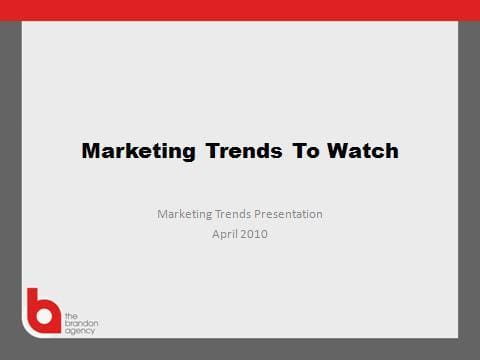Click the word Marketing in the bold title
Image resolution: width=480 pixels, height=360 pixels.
pyautogui.click(x=138, y=152)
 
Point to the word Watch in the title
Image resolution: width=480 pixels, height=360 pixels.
pyautogui.click(x=361, y=152)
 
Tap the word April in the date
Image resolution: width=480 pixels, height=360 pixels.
pyautogui.click(x=224, y=234)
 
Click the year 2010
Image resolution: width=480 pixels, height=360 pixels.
pyautogui.click(x=255, y=234)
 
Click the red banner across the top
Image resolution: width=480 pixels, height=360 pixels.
pyautogui.click(x=240, y=10)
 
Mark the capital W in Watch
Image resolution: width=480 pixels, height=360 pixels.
pyautogui.click(x=334, y=152)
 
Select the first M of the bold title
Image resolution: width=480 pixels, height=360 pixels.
pyautogui.click(x=90, y=152)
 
